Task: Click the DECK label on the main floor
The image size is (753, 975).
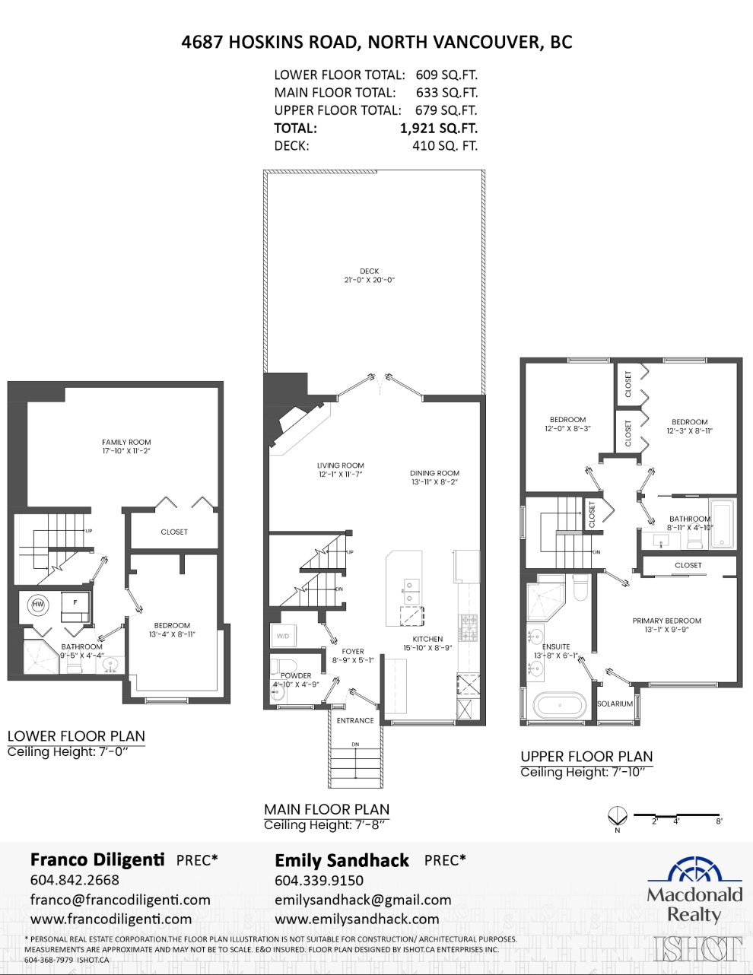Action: pos(370,272)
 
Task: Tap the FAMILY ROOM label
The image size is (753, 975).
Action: pos(126,442)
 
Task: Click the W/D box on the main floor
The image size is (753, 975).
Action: pos(283,636)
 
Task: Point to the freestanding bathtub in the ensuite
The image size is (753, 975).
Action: pos(560,705)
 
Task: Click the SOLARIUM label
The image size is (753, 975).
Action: pos(615,704)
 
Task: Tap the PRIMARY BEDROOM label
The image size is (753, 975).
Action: pos(666,621)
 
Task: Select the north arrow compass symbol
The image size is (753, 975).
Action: pos(617,818)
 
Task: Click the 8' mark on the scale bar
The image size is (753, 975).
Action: pos(719,821)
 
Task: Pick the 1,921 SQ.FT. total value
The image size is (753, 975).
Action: pos(439,129)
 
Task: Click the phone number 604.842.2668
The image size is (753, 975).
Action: pos(75,880)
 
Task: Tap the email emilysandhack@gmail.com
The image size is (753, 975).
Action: pos(363,900)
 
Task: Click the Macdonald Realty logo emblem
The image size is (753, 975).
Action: pos(694,870)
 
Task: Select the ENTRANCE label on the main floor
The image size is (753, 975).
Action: pos(355,720)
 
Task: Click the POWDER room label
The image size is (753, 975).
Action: pos(296,675)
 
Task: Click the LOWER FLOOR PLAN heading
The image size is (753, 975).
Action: pos(76,735)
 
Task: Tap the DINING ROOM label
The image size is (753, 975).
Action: pos(434,473)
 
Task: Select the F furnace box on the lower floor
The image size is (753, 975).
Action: pos(75,602)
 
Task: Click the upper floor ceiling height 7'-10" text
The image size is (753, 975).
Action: pos(586,773)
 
